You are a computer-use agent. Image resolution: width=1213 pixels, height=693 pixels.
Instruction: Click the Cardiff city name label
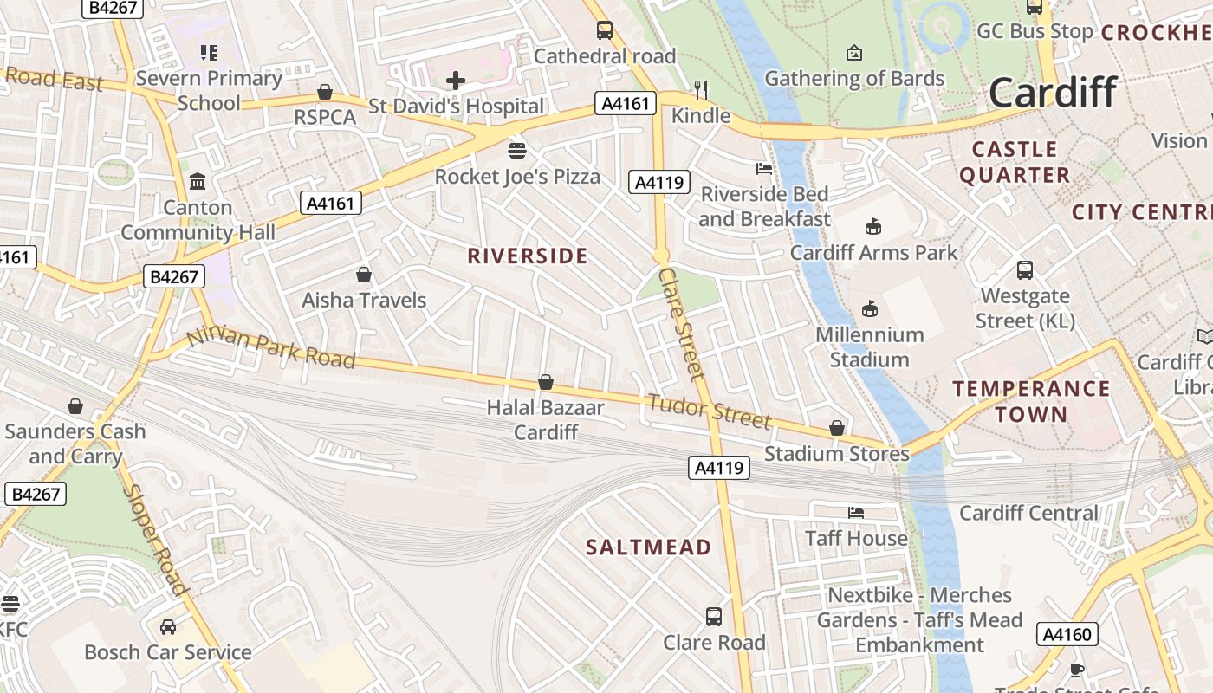[x=1053, y=92]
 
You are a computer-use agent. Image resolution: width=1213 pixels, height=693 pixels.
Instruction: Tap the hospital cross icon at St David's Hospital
[x=456, y=81]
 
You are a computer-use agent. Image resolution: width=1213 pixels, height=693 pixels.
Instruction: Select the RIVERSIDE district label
[x=528, y=256]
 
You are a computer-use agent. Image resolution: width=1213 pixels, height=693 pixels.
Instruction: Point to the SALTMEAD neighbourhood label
[x=648, y=547]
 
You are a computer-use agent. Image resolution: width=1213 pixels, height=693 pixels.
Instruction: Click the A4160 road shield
[x=1067, y=634]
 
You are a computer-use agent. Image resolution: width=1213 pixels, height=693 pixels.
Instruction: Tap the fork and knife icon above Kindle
[x=702, y=89]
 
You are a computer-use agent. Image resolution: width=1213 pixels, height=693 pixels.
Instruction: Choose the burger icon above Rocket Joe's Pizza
[x=517, y=151]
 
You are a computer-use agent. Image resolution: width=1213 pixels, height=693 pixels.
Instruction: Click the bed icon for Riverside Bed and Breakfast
[x=764, y=168]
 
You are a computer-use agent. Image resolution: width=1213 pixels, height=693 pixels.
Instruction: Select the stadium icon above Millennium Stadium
[x=870, y=308]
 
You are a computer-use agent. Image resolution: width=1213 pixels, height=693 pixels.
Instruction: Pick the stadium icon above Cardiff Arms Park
[x=873, y=227]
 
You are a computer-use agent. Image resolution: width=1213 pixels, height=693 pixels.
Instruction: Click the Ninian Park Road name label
[x=271, y=347]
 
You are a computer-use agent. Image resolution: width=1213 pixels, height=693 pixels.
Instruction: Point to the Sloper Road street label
[x=155, y=540]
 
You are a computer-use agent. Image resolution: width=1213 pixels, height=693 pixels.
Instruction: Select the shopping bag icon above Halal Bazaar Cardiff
[x=546, y=382]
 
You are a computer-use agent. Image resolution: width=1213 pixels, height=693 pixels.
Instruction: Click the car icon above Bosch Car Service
[x=168, y=626]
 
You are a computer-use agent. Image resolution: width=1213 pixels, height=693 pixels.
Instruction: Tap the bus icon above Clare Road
[x=714, y=616]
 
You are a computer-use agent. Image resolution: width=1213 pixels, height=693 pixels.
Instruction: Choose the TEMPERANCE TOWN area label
[x=1031, y=401]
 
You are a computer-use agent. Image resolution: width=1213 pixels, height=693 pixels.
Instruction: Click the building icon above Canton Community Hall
[x=198, y=182]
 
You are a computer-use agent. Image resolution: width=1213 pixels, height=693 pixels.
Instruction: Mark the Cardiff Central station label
[x=1028, y=513]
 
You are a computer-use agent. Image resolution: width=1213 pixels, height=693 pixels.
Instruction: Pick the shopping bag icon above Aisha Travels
[x=364, y=275]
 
